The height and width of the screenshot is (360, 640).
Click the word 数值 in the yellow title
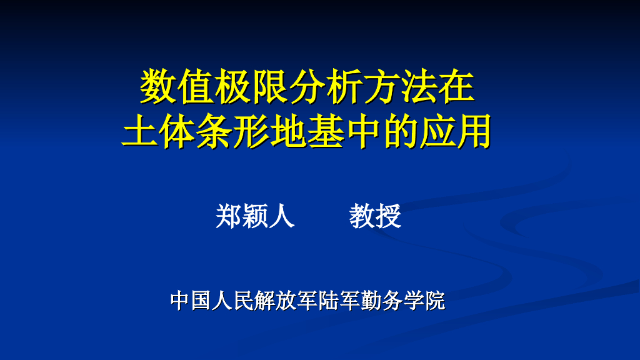point(176,86)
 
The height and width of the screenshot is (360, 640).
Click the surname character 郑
point(229,216)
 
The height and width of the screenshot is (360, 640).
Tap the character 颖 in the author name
point(255,216)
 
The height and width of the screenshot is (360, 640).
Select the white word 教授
point(375,216)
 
